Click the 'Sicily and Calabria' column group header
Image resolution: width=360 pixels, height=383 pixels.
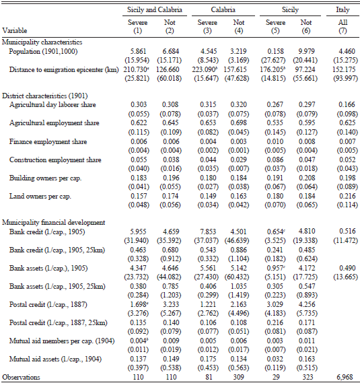pyautogui.click(x=155, y=10)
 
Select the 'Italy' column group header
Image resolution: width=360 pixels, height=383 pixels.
pyautogui.click(x=343, y=10)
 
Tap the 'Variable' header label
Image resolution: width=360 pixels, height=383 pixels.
pyautogui.click(x=15, y=30)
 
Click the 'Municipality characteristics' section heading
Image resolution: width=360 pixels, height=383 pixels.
pyautogui.click(x=42, y=42)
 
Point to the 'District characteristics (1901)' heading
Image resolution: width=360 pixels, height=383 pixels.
pyautogui.click(x=45, y=96)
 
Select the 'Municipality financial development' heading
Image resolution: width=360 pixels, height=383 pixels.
pyautogui.click(x=53, y=222)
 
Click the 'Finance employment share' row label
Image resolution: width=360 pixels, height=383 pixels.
pyautogui.click(x=48, y=141)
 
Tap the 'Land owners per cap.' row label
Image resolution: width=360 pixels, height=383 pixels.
pyautogui.click(x=40, y=196)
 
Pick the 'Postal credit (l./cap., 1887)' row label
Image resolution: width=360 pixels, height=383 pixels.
pyautogui.click(x=48, y=305)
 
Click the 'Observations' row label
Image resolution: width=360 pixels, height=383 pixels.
pyautogui.click(x=21, y=377)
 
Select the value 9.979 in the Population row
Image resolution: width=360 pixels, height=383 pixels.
pyautogui.click(x=306, y=51)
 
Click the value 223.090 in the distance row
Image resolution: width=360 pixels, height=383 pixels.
pyautogui.click(x=203, y=69)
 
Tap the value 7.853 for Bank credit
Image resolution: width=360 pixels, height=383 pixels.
pyautogui.click(x=208, y=232)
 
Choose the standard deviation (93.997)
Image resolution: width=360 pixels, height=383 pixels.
pyautogui.click(x=346, y=78)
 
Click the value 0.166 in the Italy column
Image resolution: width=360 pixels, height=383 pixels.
pyautogui.click(x=347, y=104)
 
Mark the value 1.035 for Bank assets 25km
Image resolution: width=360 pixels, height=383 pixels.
pyautogui.click(x=239, y=286)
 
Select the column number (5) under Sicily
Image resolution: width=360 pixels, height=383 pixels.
pyautogui.click(x=275, y=31)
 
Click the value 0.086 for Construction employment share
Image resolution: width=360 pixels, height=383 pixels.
pyautogui.click(x=275, y=160)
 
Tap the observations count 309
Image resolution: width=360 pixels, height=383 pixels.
pyautogui.click(x=238, y=377)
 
